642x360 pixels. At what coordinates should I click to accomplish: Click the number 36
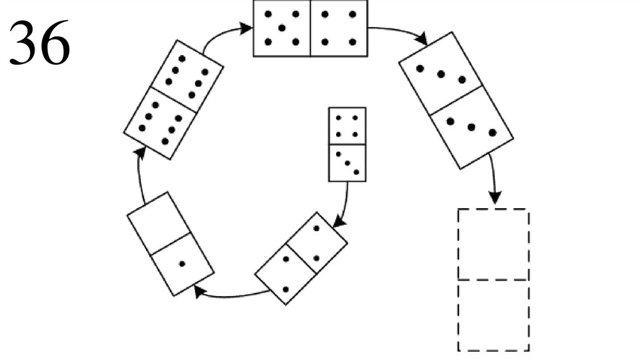pos(39,43)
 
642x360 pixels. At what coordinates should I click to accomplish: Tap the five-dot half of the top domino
pos(282,28)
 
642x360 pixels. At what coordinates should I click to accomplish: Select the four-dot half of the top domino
pos(339,28)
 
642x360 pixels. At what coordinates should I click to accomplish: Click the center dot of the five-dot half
pos(282,28)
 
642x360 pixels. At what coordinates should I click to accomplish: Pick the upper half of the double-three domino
pos(441,74)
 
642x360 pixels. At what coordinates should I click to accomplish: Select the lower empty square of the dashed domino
pos(493,315)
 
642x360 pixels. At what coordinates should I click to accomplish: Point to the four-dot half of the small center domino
pos(347,125)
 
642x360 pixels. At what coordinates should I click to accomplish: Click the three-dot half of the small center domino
pos(347,162)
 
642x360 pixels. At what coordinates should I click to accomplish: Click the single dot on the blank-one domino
pos(182,263)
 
